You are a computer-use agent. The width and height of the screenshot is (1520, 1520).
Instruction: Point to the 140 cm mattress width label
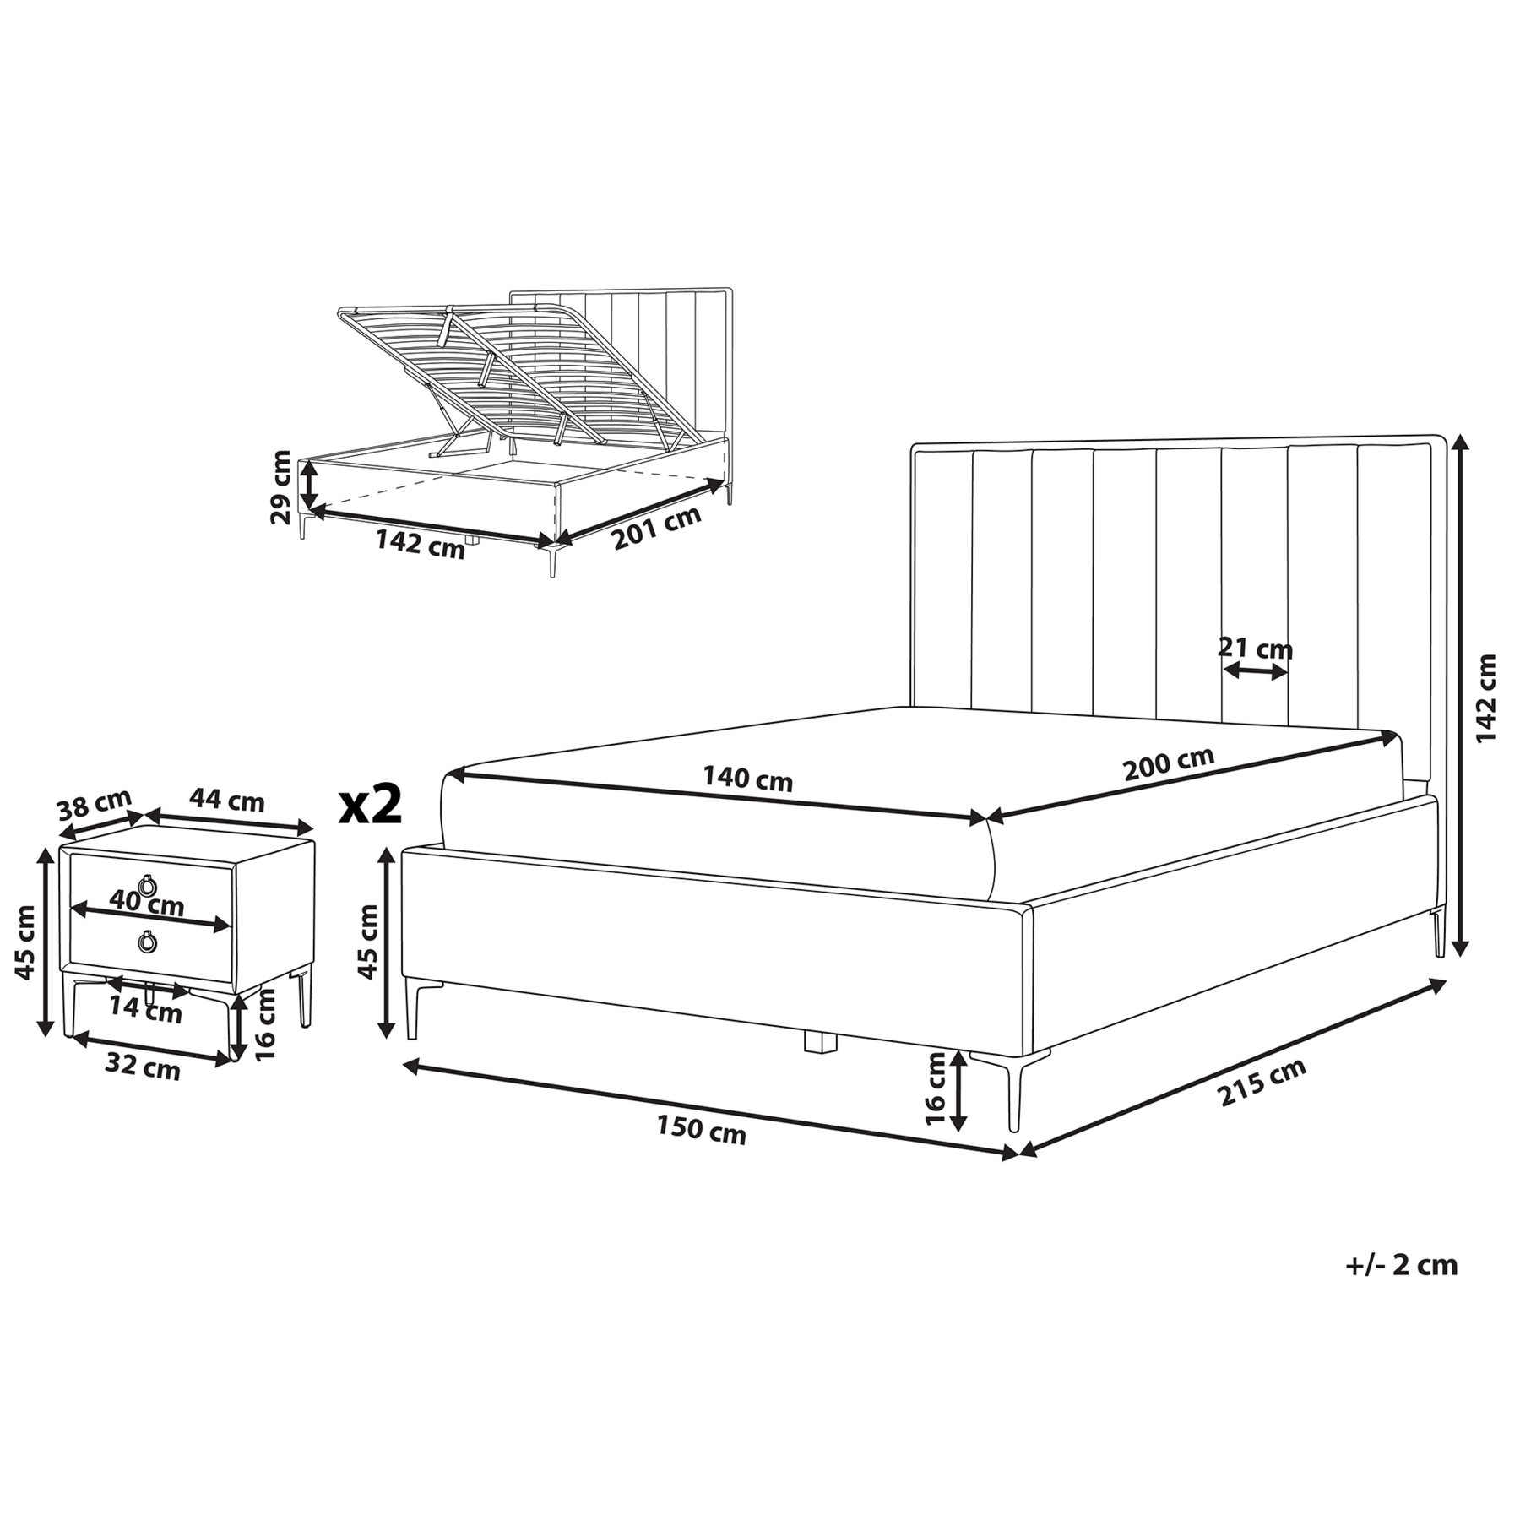pyautogui.click(x=747, y=778)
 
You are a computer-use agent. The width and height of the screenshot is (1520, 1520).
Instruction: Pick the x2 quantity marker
pyautogui.click(x=370, y=805)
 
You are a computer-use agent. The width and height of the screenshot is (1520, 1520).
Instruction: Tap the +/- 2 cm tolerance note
pyautogui.click(x=1401, y=1288)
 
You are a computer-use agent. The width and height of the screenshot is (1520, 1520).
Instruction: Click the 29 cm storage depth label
pyautogui.click(x=281, y=487)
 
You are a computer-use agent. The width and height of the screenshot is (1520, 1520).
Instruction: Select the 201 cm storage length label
pyautogui.click(x=657, y=528)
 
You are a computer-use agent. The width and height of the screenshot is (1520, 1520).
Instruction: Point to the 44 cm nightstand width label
pyautogui.click(x=226, y=800)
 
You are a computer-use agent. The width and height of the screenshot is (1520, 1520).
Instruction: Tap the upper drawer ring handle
pyautogui.click(x=149, y=884)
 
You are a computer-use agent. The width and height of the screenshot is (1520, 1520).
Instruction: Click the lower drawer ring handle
pyautogui.click(x=149, y=942)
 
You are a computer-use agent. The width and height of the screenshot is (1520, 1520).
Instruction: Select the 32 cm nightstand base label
pyautogui.click(x=143, y=1068)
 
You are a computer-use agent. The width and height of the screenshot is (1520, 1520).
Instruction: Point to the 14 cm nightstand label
pyautogui.click(x=145, y=1010)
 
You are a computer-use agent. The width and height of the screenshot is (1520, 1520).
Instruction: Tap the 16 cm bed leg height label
pyautogui.click(x=936, y=1088)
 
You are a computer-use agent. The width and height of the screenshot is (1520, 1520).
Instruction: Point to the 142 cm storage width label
pyautogui.click(x=420, y=544)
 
